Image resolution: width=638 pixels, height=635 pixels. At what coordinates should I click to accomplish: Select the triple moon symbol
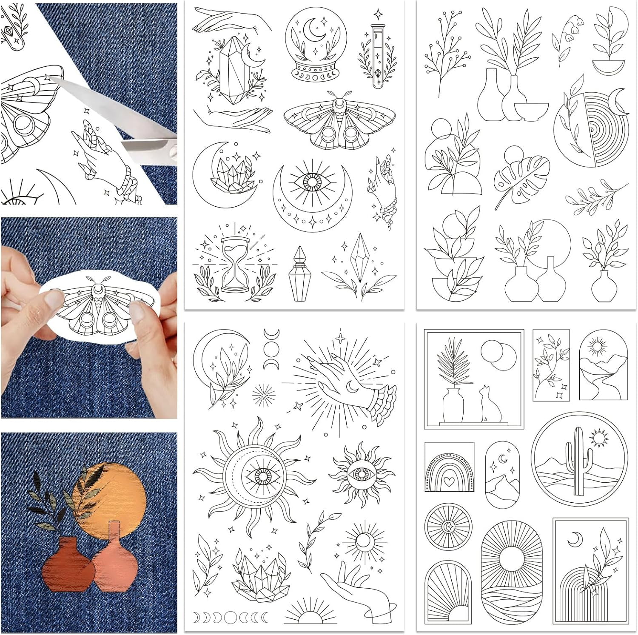tap(271, 349)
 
